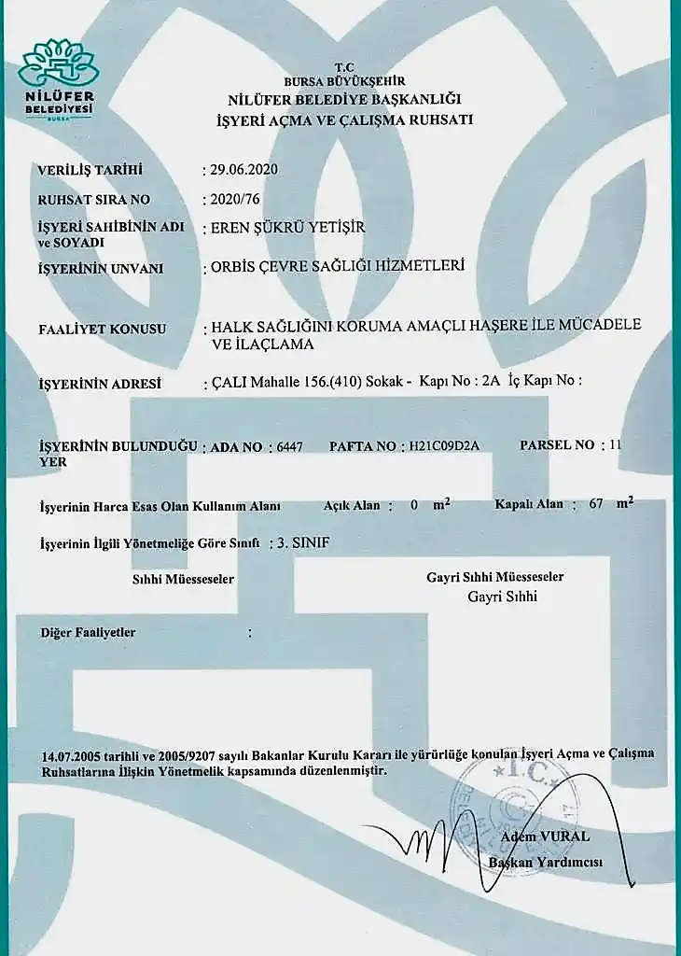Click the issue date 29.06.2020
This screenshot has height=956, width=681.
point(244,170)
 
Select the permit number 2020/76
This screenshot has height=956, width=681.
point(233,199)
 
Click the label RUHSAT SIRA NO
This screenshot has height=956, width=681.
point(93,200)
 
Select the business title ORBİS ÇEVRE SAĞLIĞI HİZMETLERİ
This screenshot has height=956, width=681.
point(338,267)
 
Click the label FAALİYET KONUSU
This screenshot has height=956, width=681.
point(102,329)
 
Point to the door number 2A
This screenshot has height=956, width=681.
point(493,381)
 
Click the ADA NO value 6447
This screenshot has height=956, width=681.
point(290,446)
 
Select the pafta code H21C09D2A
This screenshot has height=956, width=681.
point(444,446)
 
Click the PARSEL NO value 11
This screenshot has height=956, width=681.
point(614,445)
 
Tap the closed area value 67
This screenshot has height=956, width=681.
point(597,504)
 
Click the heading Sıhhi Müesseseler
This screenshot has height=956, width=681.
point(183,579)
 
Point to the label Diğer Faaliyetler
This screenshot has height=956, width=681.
point(88,633)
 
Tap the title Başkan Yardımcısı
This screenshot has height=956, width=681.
point(546,862)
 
